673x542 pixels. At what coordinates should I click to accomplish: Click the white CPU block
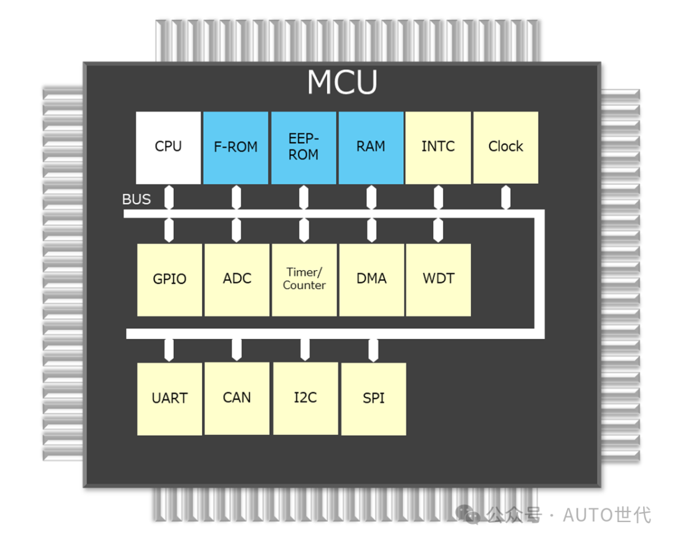point(168,148)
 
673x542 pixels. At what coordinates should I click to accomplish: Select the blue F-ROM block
point(236,148)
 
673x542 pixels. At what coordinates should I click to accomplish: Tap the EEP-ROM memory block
point(303,148)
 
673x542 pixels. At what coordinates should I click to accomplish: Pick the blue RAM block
point(371,148)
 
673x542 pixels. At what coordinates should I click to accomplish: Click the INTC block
point(438,148)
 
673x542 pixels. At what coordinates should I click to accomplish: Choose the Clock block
point(505,148)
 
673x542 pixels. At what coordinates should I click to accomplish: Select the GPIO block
point(169,280)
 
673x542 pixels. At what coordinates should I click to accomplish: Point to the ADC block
point(237,280)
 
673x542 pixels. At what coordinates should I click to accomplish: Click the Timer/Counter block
point(304,280)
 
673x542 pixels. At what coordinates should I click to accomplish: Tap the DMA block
point(371,280)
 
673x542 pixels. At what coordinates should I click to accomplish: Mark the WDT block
point(438,280)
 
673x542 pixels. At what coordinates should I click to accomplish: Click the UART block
point(169,399)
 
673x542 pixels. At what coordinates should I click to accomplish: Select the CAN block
point(237,399)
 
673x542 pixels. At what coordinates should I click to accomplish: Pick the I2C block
point(305,399)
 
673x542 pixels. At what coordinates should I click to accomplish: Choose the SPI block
point(373,399)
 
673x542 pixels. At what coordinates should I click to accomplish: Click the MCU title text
point(342,83)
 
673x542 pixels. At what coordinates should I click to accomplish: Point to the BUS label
point(136,199)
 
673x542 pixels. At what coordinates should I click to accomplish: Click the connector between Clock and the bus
point(505,198)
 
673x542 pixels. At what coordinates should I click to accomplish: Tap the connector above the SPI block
point(373,350)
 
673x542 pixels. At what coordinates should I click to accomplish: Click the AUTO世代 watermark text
point(607,515)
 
